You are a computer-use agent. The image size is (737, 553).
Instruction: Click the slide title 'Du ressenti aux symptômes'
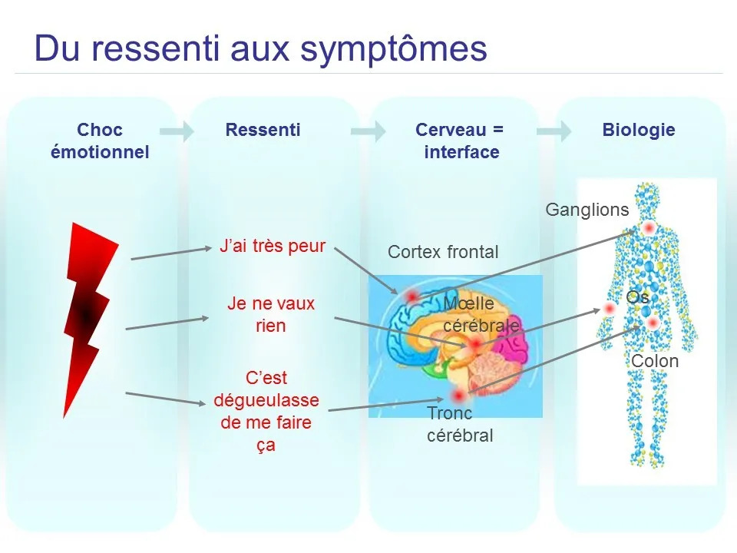(x=261, y=48)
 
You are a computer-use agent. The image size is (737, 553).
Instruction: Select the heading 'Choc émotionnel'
(x=100, y=141)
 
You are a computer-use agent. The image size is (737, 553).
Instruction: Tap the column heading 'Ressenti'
(x=263, y=130)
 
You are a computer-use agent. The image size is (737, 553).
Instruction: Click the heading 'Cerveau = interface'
(x=460, y=141)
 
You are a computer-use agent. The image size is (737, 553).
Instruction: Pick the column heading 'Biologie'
(x=639, y=130)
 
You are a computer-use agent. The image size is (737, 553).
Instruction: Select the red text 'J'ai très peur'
(x=273, y=247)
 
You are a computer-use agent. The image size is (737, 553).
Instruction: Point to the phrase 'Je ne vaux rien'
(x=271, y=314)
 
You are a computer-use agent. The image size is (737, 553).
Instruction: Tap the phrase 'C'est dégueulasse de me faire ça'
(x=266, y=411)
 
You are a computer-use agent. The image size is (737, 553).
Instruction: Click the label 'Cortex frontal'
(x=443, y=252)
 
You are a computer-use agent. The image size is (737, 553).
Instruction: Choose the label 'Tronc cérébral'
(x=459, y=424)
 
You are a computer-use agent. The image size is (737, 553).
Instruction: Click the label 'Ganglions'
(x=587, y=210)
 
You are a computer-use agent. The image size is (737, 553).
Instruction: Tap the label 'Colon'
(x=654, y=361)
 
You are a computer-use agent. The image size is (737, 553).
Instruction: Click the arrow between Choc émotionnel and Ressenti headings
(x=177, y=131)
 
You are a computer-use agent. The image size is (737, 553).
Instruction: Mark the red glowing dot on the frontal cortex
(x=411, y=296)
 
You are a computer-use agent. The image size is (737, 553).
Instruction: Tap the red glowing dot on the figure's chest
(x=649, y=228)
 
